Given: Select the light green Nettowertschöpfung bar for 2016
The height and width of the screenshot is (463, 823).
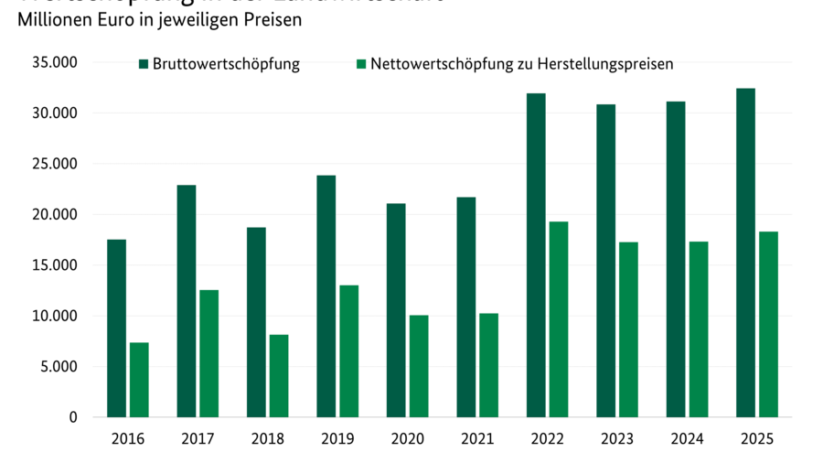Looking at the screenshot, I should [139, 380].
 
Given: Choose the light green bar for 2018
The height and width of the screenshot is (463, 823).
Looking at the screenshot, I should [279, 375].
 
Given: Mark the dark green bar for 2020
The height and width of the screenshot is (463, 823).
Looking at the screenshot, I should [395, 310].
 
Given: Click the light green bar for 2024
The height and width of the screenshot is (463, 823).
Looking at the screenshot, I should [698, 328].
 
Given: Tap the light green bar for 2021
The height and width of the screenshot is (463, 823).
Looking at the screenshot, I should [488, 365].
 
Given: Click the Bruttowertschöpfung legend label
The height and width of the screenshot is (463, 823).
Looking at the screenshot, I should [226, 64].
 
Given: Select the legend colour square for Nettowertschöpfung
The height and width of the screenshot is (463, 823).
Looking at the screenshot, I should [361, 64].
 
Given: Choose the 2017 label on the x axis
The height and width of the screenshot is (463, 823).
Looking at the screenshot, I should [198, 439].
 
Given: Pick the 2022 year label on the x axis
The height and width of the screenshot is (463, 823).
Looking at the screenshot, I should [547, 439].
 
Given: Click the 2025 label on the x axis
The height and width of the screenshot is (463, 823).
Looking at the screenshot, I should [756, 439].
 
